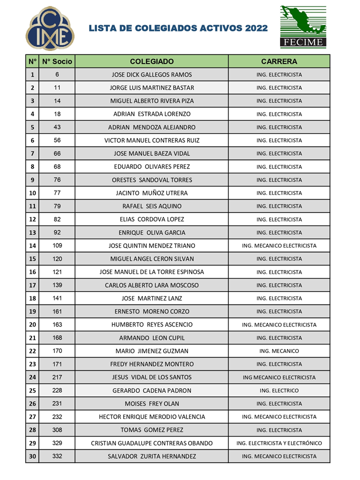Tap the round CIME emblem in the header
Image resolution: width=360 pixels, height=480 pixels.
pos(50,28)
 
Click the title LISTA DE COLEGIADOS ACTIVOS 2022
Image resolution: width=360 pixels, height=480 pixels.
pos(178,28)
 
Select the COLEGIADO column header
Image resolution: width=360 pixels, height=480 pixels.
pos(152,61)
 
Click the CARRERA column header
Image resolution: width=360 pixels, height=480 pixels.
pos(279,61)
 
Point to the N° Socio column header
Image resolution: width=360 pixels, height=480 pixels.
pos(57,61)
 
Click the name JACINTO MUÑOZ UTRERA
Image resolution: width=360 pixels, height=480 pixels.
pos(152,193)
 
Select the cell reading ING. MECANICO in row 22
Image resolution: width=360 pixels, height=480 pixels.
pos(279,351)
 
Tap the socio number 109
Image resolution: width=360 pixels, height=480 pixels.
pos(57,245)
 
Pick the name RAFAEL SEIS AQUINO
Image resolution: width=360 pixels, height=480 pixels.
pos(152,206)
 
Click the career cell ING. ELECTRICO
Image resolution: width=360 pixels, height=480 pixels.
pos(279,390)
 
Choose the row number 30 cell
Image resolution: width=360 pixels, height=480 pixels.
pos(32,456)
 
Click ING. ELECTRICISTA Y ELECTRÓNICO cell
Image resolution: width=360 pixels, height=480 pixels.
pos(279,443)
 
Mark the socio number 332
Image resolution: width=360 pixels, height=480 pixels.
pos(57,456)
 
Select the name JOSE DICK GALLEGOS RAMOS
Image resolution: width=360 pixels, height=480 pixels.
pos(152,75)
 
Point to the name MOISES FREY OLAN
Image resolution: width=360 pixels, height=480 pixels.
pos(152,403)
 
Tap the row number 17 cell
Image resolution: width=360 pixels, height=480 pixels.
pos(32,285)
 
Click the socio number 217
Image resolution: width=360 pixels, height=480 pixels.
pos(57,377)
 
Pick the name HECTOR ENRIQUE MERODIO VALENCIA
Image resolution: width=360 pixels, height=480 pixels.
pos(152,416)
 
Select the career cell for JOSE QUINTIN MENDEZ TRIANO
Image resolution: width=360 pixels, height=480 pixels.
pos(279,245)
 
